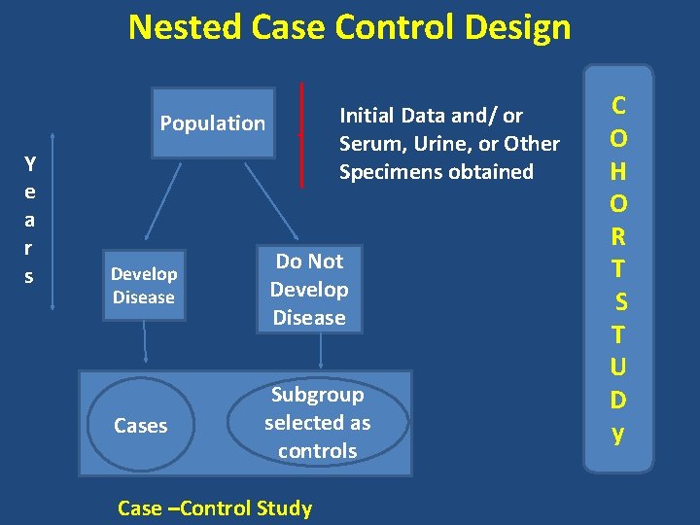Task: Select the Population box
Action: point(213,123)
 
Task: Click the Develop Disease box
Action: point(143,286)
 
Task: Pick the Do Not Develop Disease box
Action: point(309,289)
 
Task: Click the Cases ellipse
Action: point(141,425)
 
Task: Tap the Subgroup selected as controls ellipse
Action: point(317,423)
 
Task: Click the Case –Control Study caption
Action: point(214,507)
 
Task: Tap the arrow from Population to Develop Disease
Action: point(163,199)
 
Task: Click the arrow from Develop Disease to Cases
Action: point(146,342)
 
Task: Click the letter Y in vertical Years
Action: point(30,161)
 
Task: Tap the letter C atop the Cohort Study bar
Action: point(617,104)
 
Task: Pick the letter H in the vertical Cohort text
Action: point(617,171)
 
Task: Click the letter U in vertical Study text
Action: point(617,367)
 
